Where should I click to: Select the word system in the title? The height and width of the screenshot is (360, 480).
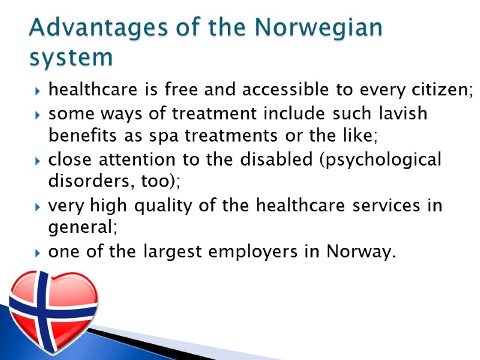(x=71, y=58)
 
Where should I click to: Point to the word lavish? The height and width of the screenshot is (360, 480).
(x=400, y=113)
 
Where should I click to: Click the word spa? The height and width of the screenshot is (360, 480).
(x=166, y=136)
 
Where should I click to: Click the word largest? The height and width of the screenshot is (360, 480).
(x=169, y=253)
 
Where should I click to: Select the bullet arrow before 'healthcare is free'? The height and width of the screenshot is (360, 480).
(x=38, y=92)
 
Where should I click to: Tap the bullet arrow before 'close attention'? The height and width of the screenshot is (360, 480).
(x=38, y=161)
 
